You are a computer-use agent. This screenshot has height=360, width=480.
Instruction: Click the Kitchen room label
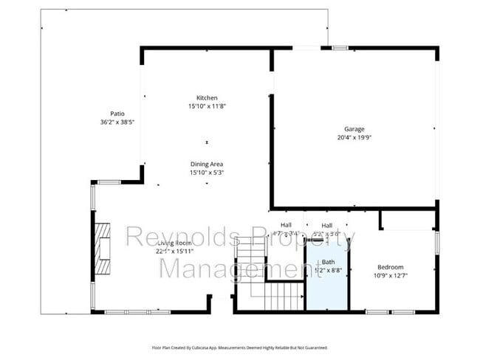(x=207, y=98)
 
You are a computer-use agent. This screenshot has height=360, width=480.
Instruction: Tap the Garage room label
(x=354, y=129)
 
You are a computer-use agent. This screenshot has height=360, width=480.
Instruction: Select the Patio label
(x=117, y=114)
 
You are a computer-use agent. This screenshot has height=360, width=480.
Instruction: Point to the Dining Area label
(x=207, y=164)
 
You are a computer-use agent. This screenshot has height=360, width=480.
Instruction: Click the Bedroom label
(x=391, y=267)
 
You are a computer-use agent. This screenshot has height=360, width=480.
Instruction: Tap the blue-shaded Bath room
(x=328, y=284)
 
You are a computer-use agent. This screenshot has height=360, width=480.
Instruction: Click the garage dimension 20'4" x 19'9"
(x=354, y=137)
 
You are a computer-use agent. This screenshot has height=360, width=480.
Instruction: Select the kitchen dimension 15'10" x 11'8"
(x=207, y=106)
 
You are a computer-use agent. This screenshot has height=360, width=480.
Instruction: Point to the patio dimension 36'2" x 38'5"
(x=117, y=122)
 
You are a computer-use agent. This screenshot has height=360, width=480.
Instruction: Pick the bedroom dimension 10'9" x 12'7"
(x=391, y=275)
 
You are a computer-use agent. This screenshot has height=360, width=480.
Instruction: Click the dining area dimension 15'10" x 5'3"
(x=207, y=173)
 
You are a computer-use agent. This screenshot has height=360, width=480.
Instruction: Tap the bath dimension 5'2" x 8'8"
(x=328, y=271)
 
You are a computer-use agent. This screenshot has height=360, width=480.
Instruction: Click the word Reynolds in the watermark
(x=182, y=238)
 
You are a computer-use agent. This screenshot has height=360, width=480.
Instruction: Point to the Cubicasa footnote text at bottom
(x=239, y=347)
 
